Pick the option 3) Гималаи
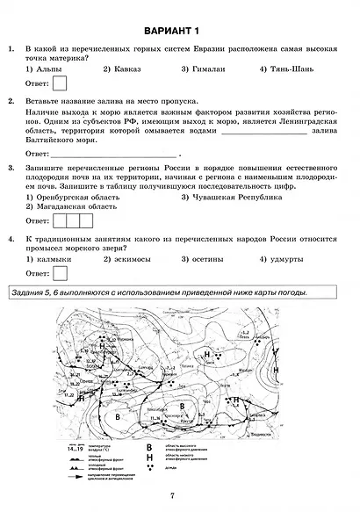(x=204, y=68)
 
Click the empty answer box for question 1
(x=61, y=84)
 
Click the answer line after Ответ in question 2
(x=114, y=153)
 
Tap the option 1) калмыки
(x=48, y=259)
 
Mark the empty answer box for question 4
(x=61, y=274)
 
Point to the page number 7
(x=174, y=497)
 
